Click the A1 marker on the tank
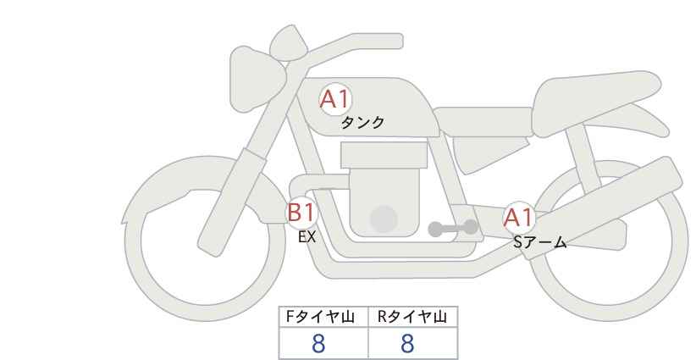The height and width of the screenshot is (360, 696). [334, 100]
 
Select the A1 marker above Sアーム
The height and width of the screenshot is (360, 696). [517, 218]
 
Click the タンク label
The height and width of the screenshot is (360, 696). [362, 123]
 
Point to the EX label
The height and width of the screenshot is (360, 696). [307, 238]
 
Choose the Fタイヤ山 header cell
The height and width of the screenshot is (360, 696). [324, 317]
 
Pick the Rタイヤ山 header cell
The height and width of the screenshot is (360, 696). [412, 317]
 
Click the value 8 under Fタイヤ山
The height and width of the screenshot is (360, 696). [318, 343]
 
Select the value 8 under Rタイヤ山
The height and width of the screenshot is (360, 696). [407, 343]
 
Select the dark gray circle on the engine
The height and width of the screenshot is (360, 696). [384, 219]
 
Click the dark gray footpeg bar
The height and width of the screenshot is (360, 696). [453, 228]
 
